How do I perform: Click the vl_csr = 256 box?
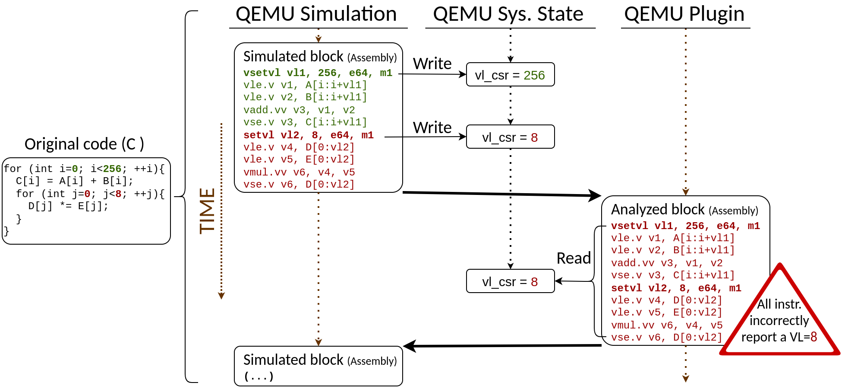coord(510,75)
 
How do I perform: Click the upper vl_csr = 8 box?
coord(510,137)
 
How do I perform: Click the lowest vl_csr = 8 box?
coord(510,281)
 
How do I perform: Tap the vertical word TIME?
coord(208,211)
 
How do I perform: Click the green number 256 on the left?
coord(112,169)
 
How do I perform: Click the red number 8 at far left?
coord(118,194)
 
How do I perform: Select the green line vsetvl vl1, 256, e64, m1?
coord(318,73)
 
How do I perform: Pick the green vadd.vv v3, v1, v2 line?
coord(299,110)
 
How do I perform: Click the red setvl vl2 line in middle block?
coord(308,135)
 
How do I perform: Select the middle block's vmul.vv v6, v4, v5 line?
coord(299,172)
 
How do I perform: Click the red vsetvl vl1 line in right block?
coord(685,226)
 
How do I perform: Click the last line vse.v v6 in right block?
coord(667,337)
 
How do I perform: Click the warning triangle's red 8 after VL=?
coord(813,337)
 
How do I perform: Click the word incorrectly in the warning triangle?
coord(779,320)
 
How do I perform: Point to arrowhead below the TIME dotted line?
coord(221,296)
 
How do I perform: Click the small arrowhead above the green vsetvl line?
coord(318,39)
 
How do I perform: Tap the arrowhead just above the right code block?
coord(686,192)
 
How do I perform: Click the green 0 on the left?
coord(75,169)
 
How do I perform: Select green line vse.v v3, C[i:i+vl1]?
coord(305,122)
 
